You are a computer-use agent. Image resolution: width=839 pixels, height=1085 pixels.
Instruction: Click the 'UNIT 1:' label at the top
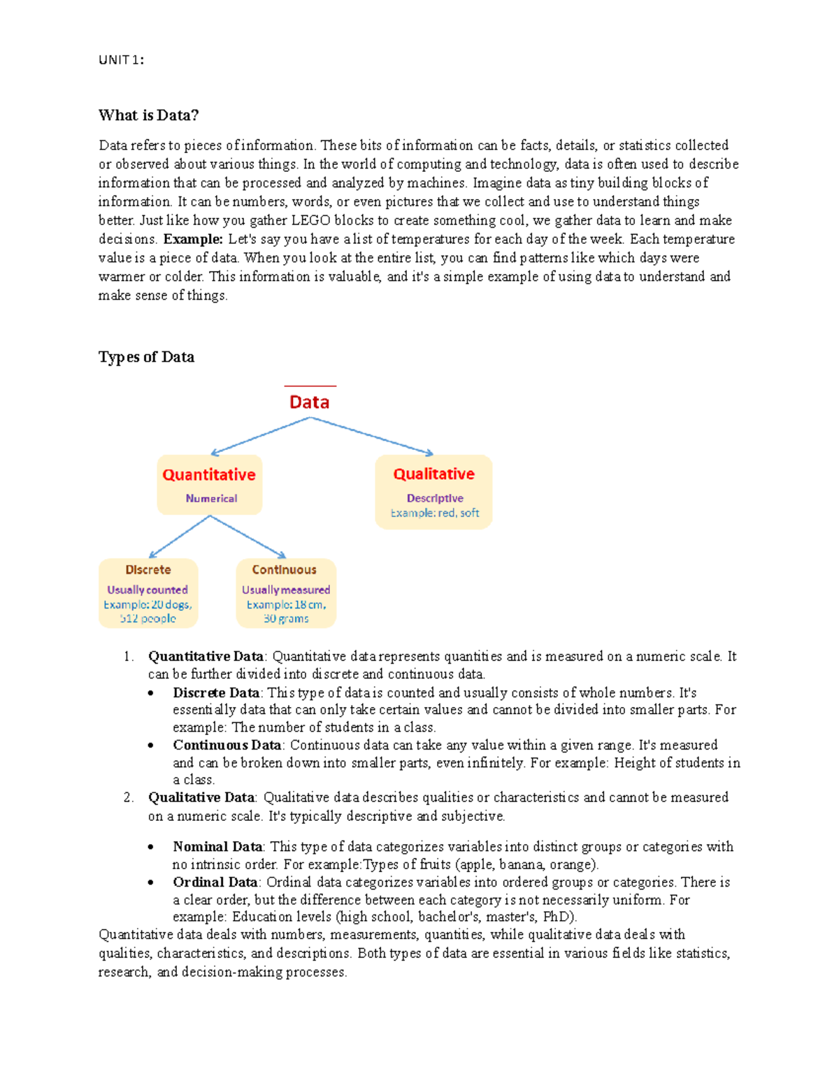pyautogui.click(x=121, y=60)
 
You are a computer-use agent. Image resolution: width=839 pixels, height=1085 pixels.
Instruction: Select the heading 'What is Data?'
pyautogui.click(x=148, y=115)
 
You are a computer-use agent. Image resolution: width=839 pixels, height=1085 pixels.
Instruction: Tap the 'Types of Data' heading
pyautogui.click(x=146, y=357)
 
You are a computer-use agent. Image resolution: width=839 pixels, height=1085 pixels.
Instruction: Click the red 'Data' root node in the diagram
pyautogui.click(x=309, y=402)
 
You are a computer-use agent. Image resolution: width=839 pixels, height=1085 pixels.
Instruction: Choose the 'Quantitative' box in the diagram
pyautogui.click(x=209, y=485)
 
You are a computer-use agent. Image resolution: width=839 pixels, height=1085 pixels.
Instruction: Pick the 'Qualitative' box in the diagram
pyautogui.click(x=433, y=492)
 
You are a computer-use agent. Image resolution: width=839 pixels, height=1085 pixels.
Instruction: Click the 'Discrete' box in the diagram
pyautogui.click(x=148, y=593)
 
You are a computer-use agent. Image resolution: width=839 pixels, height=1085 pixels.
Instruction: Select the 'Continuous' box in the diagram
pyautogui.click(x=285, y=593)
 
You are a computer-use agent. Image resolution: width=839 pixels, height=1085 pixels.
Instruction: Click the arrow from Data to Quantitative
pyautogui.click(x=260, y=436)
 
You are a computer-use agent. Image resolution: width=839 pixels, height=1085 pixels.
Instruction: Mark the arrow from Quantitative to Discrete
pyautogui.click(x=180, y=537)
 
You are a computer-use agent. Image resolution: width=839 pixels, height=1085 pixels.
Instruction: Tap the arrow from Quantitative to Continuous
pyautogui.click(x=248, y=537)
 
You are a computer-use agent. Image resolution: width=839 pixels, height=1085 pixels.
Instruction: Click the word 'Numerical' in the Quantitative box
pyautogui.click(x=211, y=499)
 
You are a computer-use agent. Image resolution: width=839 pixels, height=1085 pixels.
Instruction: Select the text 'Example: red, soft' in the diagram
pyautogui.click(x=434, y=513)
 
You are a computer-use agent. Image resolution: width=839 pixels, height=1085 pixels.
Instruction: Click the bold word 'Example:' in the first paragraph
pyautogui.click(x=193, y=239)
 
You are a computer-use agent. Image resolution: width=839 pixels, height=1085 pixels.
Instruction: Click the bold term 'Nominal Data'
pyautogui.click(x=217, y=847)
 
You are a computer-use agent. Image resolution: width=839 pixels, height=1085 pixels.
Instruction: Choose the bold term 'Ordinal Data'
pyautogui.click(x=215, y=882)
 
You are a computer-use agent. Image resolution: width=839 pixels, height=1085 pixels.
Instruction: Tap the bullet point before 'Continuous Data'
pyautogui.click(x=151, y=745)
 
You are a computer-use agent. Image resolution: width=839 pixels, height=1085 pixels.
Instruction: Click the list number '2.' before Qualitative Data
pyautogui.click(x=128, y=797)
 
